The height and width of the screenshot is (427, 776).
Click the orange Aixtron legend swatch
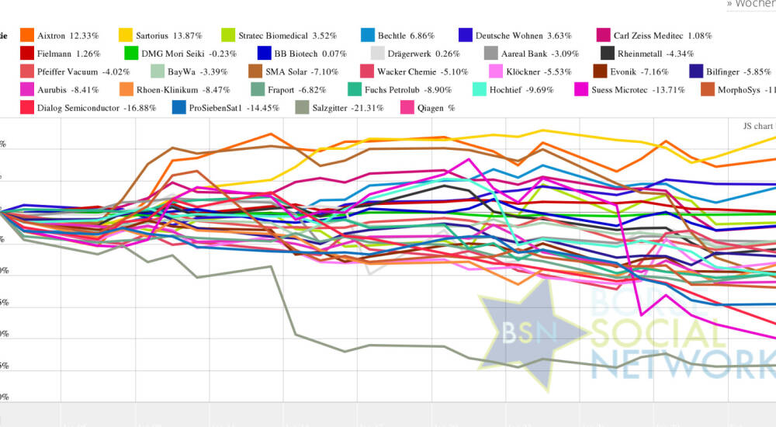tap(27, 35)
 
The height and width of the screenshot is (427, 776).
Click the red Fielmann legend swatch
tap(27, 54)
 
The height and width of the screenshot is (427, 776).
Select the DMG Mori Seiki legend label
tap(171, 54)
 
